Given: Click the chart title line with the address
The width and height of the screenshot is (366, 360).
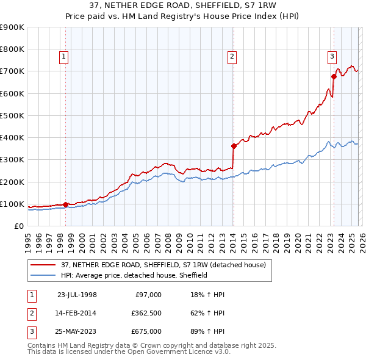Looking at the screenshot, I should pos(183,5).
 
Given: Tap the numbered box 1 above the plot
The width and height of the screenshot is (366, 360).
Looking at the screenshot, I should pos(64,57).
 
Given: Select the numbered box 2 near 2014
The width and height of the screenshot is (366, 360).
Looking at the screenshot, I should pos(232,57).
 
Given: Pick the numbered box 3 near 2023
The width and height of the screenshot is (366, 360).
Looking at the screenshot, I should pos(332,57).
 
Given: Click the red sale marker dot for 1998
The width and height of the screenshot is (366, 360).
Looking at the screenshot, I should pos(66,204).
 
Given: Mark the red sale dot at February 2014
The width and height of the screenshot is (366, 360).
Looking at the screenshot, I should pos(234,146).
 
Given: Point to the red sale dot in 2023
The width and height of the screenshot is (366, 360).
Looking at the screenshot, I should pos(334,76).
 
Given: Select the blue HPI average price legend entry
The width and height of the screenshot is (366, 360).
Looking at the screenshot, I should pos(134,276).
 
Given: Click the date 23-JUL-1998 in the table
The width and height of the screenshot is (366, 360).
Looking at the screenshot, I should pos(77,295).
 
